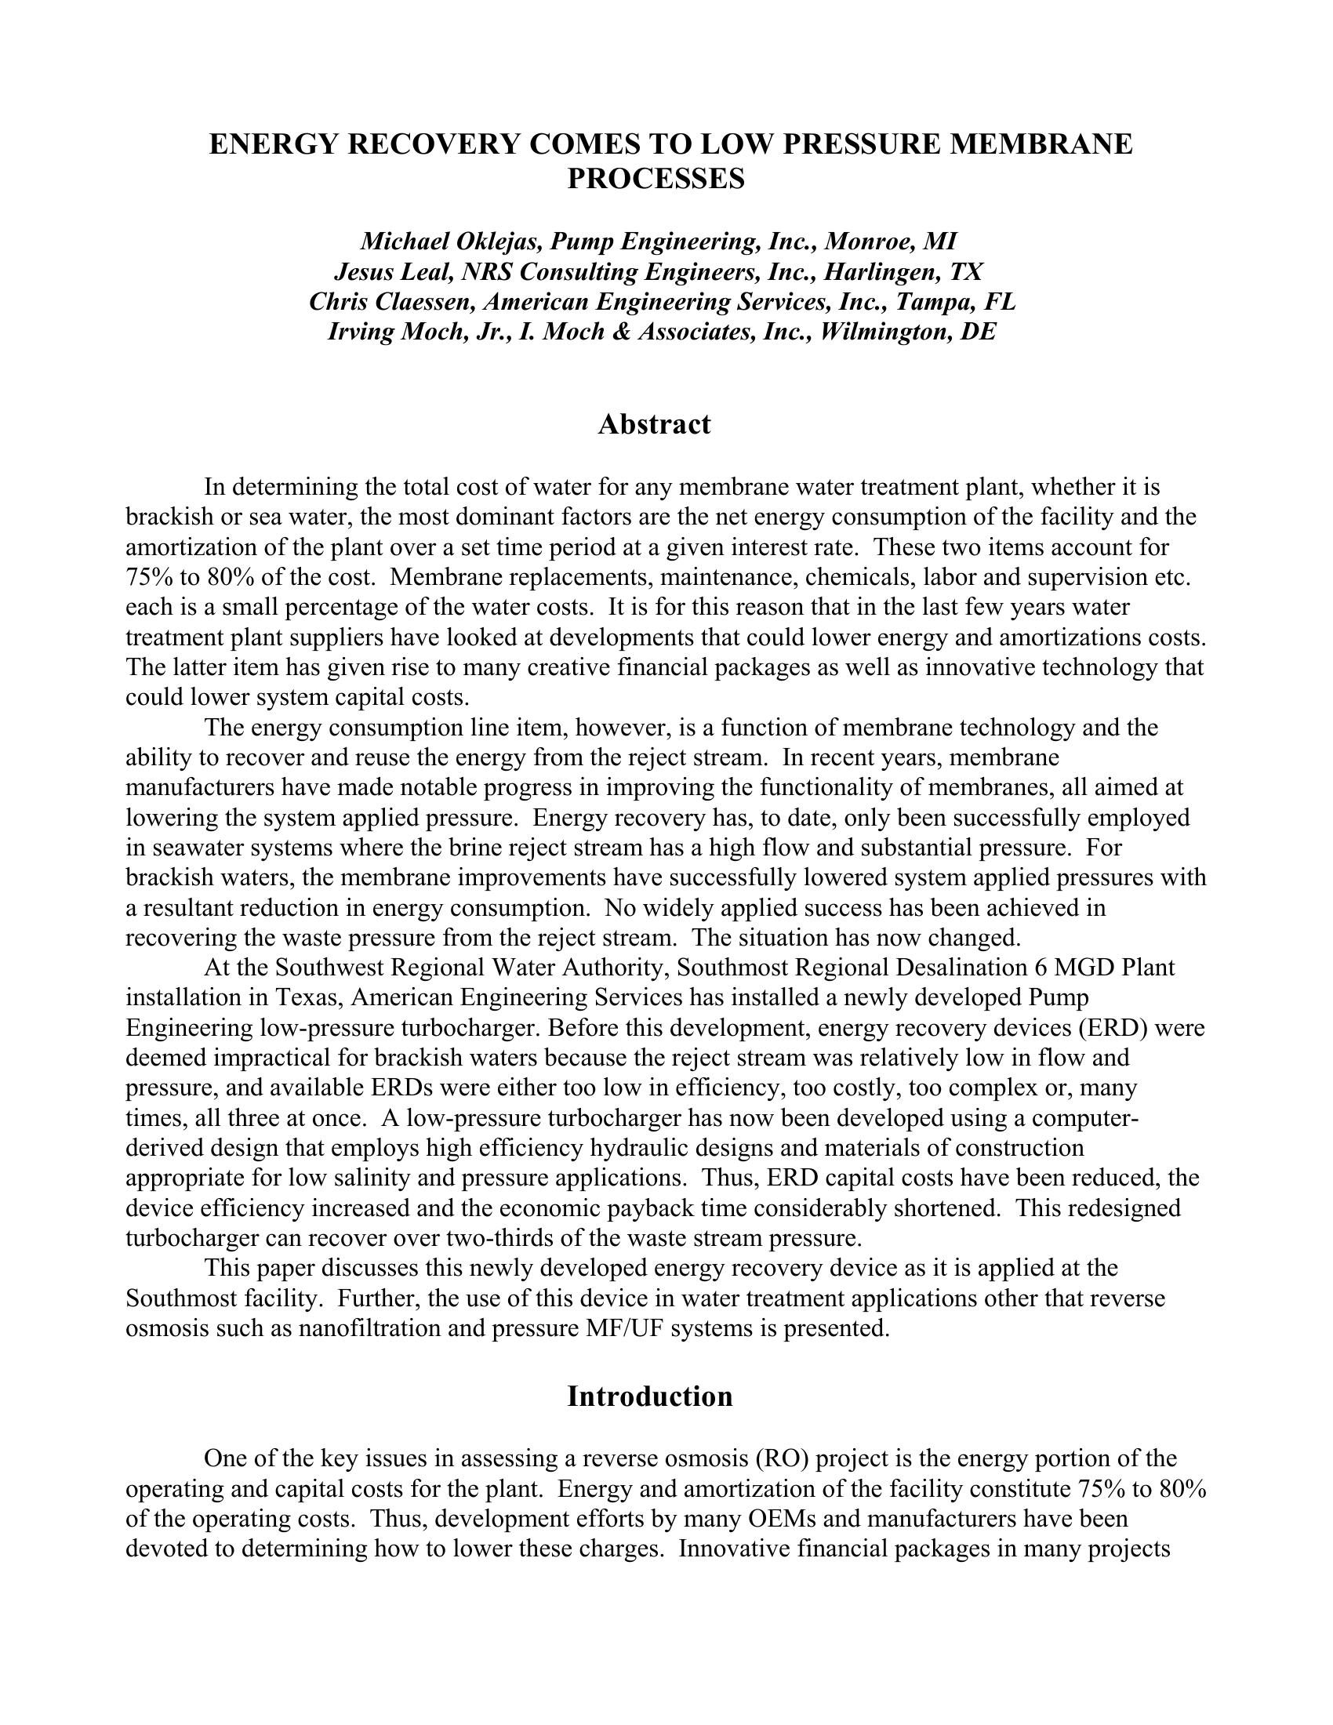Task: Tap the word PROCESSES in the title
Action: click(x=656, y=180)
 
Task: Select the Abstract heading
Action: click(x=654, y=424)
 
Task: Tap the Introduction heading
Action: click(x=649, y=1396)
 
